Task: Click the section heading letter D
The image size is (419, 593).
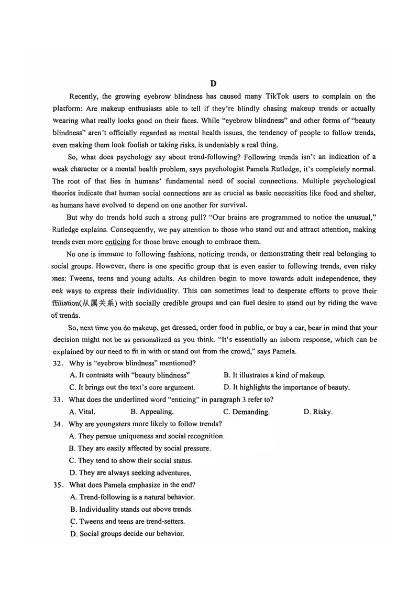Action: [x=213, y=84]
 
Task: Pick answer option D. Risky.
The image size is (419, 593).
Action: [x=318, y=412]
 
